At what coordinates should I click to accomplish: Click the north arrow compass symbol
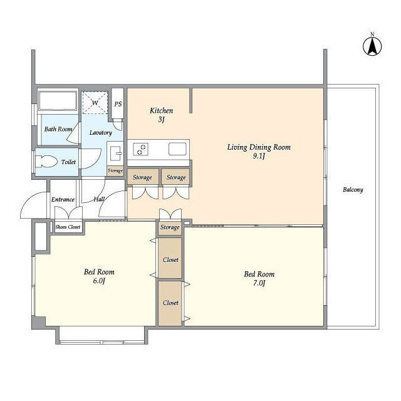(372, 46)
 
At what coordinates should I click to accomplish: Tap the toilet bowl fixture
(46, 162)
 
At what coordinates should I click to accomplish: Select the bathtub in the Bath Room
(58, 101)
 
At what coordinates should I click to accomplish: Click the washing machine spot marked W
(95, 103)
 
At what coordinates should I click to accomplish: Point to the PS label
(118, 104)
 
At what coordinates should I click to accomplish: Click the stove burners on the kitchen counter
(141, 149)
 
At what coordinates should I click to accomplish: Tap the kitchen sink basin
(177, 149)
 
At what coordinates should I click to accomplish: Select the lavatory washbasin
(115, 153)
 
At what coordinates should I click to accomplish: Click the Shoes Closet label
(68, 227)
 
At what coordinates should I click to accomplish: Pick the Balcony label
(353, 190)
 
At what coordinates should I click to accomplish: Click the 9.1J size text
(259, 156)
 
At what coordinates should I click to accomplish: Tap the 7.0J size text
(259, 283)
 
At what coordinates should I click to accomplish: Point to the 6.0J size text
(99, 281)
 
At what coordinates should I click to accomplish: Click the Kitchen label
(162, 111)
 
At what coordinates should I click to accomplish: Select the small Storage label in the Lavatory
(115, 170)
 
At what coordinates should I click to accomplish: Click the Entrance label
(63, 199)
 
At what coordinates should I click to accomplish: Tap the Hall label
(99, 199)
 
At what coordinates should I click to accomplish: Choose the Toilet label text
(68, 162)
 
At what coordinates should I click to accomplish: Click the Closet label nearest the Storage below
(170, 260)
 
